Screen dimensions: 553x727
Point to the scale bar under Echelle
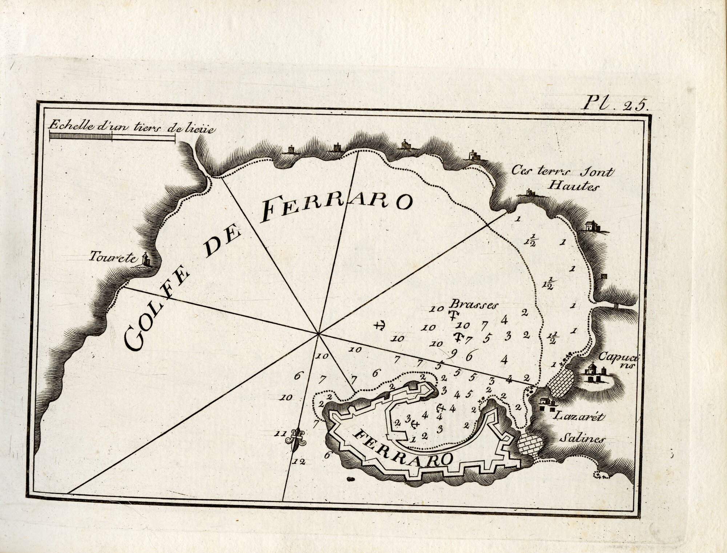112,137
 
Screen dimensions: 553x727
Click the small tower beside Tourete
146,259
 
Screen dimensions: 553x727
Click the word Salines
582,438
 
